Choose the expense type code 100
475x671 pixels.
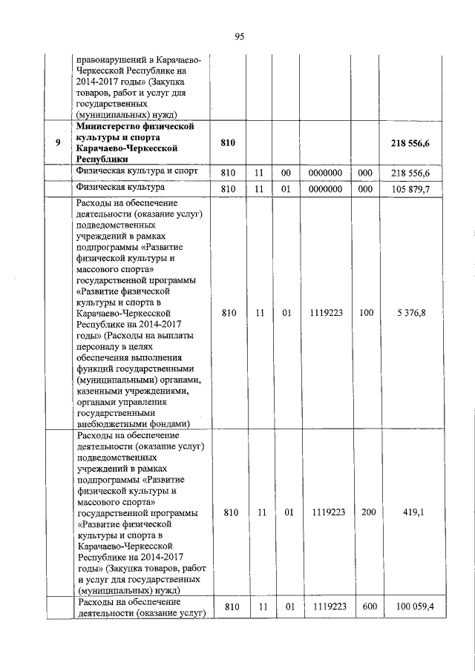click(366, 313)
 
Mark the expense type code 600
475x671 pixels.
click(366, 607)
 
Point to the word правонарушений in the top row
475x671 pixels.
click(111, 59)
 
